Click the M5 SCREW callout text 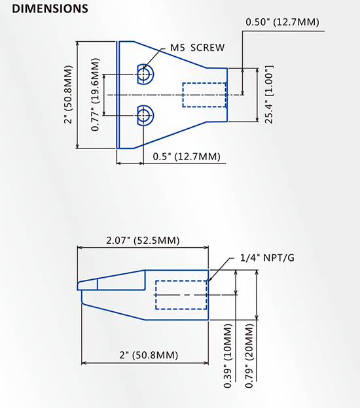(197, 48)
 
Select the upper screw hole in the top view (145, 74)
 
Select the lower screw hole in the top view (145, 116)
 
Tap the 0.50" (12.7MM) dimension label (282, 22)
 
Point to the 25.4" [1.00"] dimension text (268, 94)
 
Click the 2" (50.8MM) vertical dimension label (68, 95)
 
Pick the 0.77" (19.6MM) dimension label (96, 95)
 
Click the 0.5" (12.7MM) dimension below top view (187, 157)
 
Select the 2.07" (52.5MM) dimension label (143, 241)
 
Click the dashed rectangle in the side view (181, 295)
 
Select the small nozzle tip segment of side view (88, 284)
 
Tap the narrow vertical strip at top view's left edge (117, 95)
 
